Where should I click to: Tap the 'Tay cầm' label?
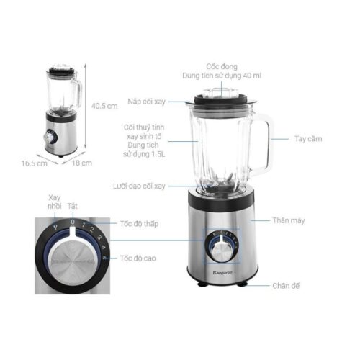[x=307, y=138]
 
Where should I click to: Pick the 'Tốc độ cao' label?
[x=138, y=257]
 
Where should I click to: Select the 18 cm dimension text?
[x=84, y=163]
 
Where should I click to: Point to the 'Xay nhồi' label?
[x=55, y=202]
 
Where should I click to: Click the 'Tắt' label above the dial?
[x=72, y=206]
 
